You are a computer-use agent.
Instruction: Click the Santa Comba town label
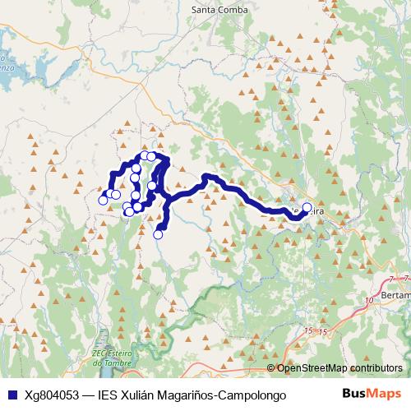(x=219, y=10)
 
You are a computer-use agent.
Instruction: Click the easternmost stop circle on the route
(x=307, y=208)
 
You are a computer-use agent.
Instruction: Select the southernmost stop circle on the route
(x=159, y=234)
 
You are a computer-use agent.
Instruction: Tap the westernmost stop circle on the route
(x=103, y=200)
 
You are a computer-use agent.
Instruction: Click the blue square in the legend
(x=10, y=395)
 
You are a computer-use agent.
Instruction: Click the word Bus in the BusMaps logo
(x=353, y=394)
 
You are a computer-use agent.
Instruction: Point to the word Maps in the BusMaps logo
(x=385, y=394)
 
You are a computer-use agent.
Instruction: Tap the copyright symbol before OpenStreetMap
(x=272, y=368)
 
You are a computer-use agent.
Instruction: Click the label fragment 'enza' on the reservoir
(x=7, y=69)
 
